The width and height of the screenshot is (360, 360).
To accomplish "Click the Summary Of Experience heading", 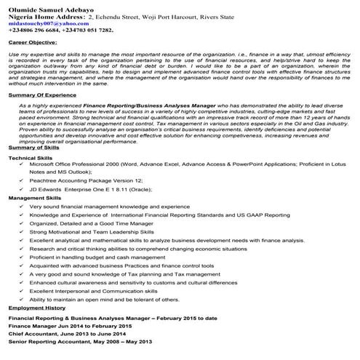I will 42,96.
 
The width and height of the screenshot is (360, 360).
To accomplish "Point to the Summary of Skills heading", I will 34,148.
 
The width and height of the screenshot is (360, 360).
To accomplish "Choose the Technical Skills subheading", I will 31,158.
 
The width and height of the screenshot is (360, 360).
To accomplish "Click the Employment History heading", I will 37,308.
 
